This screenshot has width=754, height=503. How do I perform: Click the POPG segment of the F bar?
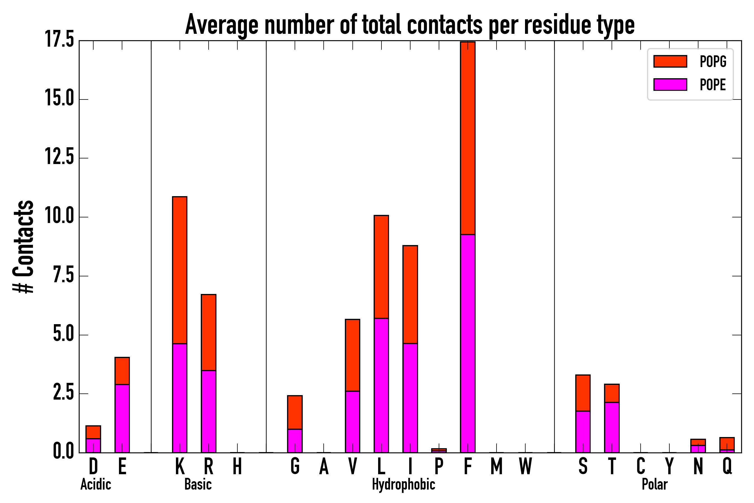click(x=468, y=138)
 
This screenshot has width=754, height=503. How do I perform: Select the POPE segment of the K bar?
click(x=180, y=398)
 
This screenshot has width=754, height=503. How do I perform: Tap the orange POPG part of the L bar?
click(x=381, y=267)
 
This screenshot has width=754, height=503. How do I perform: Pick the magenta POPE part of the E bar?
click(x=122, y=418)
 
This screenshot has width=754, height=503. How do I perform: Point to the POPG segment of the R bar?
click(x=208, y=332)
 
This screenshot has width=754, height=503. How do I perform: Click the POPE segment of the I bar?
click(x=410, y=398)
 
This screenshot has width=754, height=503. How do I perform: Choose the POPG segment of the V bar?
click(x=352, y=355)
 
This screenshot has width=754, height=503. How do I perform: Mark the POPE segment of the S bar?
click(x=583, y=431)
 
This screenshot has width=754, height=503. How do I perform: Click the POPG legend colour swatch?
click(x=670, y=61)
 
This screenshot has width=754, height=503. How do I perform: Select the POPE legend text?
click(x=713, y=85)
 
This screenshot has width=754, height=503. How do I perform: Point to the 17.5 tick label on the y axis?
click(x=59, y=40)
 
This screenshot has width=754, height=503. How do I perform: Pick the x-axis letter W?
click(x=525, y=466)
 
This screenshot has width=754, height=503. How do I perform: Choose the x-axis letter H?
click(x=237, y=466)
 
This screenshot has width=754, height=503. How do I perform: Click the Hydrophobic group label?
click(x=403, y=484)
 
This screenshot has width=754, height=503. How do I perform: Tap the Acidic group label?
click(x=96, y=484)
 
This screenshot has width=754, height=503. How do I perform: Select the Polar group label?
click(x=655, y=484)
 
